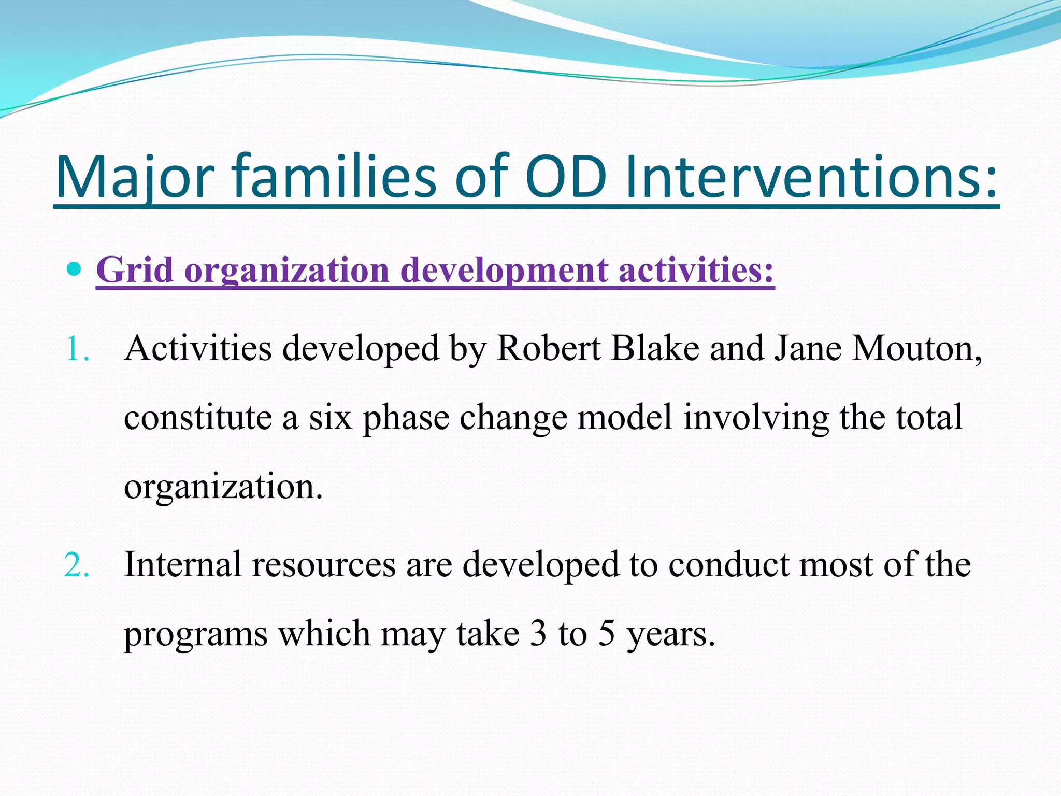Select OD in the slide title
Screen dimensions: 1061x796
[566, 177]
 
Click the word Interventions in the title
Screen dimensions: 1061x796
[811, 177]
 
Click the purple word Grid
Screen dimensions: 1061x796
[135, 271]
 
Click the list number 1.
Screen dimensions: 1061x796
[77, 349]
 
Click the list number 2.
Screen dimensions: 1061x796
[77, 565]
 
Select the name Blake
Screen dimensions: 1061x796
[655, 348]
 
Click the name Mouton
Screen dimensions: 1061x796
[916, 348]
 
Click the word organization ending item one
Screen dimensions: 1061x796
[223, 487]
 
